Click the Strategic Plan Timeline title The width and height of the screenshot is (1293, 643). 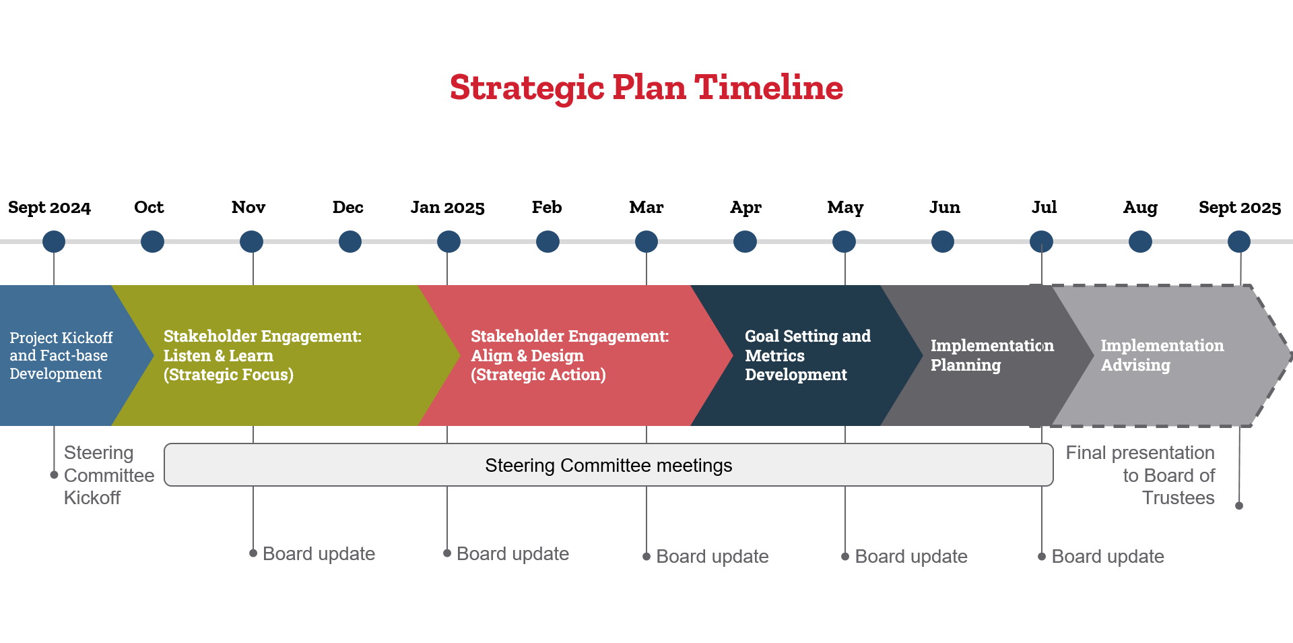tap(646, 88)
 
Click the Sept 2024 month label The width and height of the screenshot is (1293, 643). tap(49, 208)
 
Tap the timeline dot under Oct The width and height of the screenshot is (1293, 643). tap(152, 241)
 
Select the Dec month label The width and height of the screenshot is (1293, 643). tap(348, 207)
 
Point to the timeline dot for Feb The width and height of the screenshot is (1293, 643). tap(548, 241)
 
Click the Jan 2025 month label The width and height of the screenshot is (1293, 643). tap(448, 207)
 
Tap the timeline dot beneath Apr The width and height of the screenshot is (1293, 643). tap(745, 241)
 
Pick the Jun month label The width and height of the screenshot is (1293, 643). tap(945, 207)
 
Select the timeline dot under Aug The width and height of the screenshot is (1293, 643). tap(1140, 241)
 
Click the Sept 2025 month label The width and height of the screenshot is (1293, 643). tap(1240, 208)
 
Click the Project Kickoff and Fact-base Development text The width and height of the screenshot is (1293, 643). tap(61, 355)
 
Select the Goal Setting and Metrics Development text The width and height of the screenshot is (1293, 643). tap(807, 355)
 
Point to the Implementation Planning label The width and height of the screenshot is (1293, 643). tap(992, 355)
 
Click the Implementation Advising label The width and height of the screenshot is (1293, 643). tap(1162, 355)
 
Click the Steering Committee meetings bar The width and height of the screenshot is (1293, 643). tap(609, 465)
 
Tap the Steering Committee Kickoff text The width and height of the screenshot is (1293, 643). tap(109, 475)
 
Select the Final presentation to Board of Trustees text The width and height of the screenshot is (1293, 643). tap(1140, 475)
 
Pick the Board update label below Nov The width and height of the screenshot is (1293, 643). tap(319, 554)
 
